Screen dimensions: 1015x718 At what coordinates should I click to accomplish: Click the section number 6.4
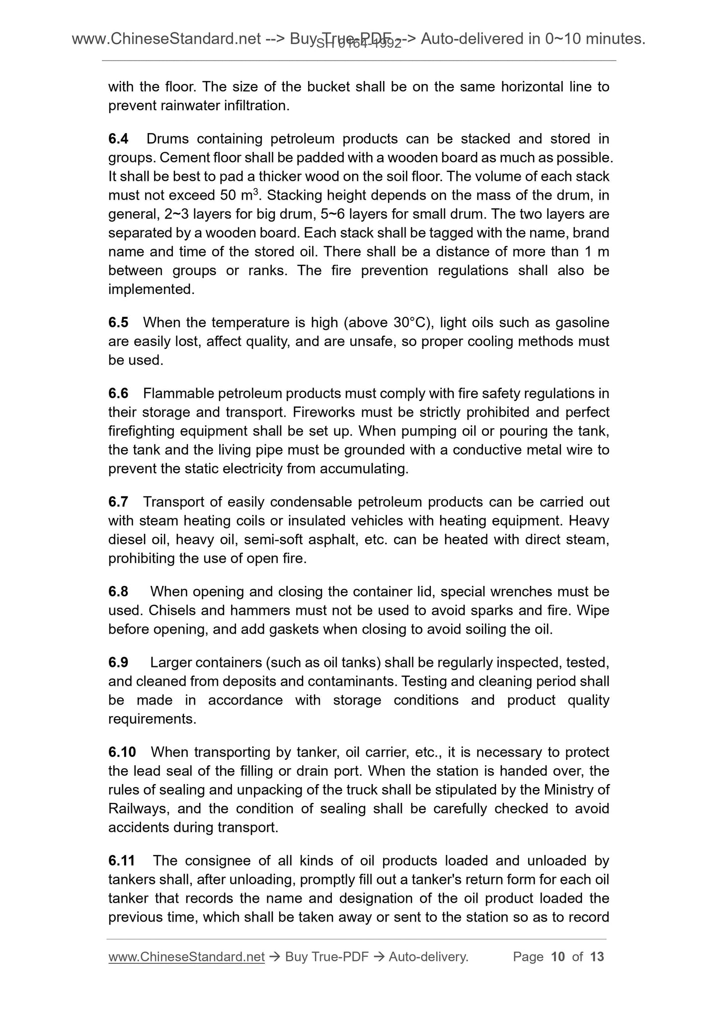(118, 139)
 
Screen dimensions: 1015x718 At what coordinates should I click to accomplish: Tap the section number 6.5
(118, 323)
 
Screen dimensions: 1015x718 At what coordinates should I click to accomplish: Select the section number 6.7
(118, 502)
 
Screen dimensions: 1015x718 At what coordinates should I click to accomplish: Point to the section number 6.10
(122, 752)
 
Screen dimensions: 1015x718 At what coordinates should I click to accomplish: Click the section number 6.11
(122, 861)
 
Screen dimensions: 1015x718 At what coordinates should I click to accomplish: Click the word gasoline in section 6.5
(581, 323)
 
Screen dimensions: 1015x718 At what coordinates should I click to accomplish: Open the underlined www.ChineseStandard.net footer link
(186, 957)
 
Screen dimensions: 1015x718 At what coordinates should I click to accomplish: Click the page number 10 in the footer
(558, 957)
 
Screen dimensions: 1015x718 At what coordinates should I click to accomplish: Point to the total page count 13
(597, 957)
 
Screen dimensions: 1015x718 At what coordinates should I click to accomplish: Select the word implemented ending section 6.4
(151, 290)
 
